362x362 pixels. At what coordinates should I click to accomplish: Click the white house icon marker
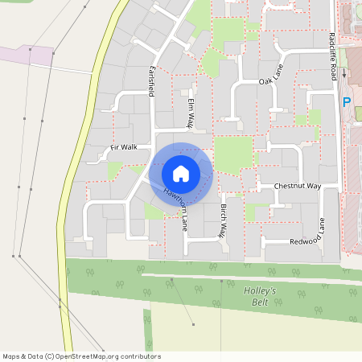181,173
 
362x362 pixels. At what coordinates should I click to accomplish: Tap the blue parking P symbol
347,102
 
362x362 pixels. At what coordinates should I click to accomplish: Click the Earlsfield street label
150,80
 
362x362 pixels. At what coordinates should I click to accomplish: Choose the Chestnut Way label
297,186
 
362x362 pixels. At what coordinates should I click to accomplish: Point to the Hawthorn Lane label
176,206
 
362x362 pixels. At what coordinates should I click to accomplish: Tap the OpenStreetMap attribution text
81,356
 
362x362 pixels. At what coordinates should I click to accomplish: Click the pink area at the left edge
24,55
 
